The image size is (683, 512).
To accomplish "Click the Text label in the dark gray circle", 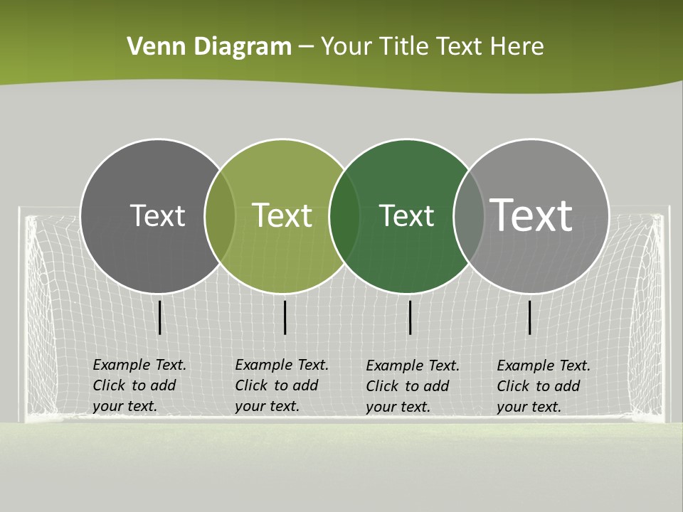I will point(157,215).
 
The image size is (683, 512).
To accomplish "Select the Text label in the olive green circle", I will point(282,215).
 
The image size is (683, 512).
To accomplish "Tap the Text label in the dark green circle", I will point(406,215).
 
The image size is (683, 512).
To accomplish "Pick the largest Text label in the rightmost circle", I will point(531,215).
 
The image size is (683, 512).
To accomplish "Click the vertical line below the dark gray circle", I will point(160,317).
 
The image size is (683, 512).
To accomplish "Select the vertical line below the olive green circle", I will point(285,317).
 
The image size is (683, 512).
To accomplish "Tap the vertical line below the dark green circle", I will point(410,317).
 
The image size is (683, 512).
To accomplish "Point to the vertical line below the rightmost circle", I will point(529,317).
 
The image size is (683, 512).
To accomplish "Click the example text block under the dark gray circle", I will point(139,385).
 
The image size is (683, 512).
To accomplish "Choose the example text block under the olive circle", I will point(281,385).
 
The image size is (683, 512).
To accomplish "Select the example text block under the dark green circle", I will point(412,386).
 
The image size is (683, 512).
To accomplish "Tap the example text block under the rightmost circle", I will point(543,386).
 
